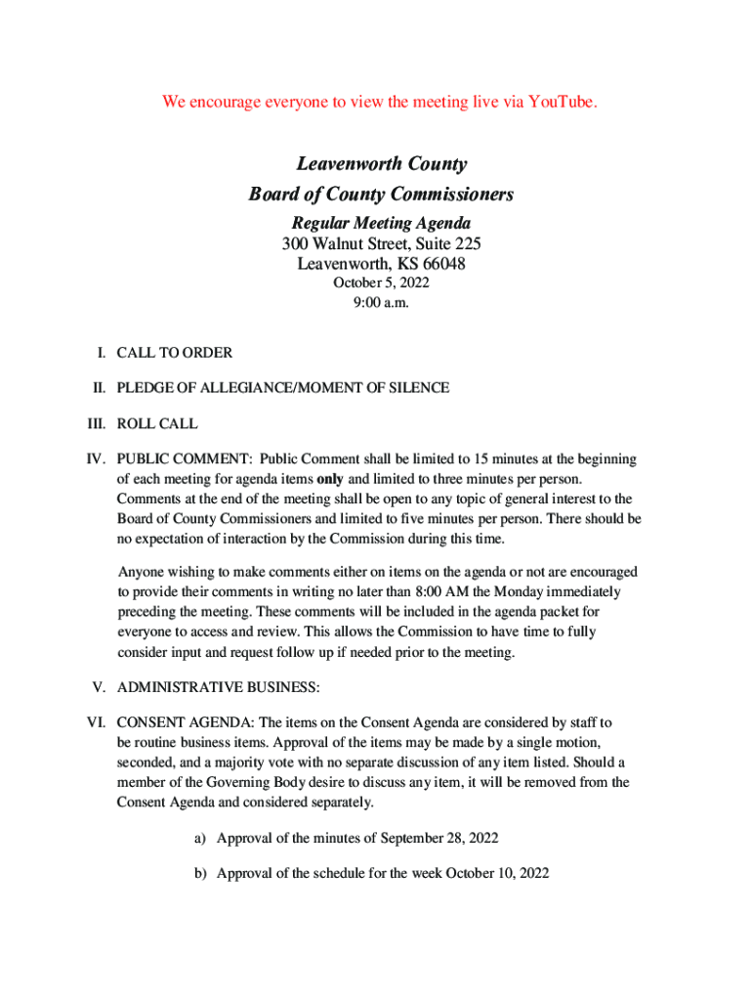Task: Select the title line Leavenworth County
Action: point(382,164)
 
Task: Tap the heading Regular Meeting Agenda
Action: point(382,224)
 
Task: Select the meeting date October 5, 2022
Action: point(382,283)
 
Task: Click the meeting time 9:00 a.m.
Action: point(382,303)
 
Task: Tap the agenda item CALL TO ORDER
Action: point(175,352)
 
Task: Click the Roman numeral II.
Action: point(99,388)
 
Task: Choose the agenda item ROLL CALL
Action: point(157,424)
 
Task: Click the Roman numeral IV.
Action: point(97,459)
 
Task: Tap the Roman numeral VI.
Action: point(97,723)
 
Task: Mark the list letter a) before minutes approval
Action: point(200,838)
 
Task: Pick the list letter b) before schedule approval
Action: point(200,873)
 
